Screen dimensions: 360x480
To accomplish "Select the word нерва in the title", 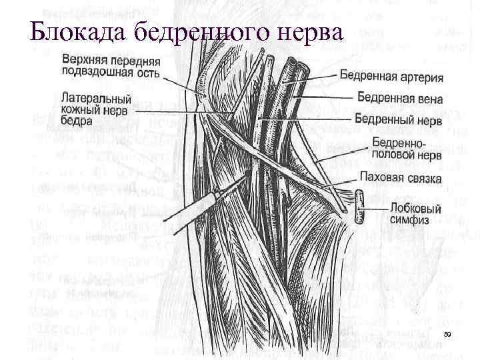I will click(308, 32).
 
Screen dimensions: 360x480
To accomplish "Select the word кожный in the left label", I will click(79, 109).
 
